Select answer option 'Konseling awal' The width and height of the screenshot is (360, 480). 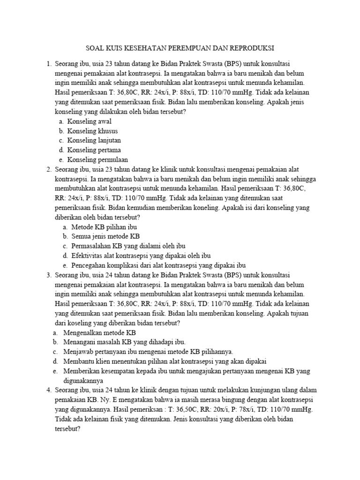(x=89, y=121)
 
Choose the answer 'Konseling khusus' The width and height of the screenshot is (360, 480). (x=92, y=131)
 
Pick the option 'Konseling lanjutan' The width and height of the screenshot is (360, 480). (x=94, y=140)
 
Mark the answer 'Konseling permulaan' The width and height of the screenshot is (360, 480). (x=97, y=159)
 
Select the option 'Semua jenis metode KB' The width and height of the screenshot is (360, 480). (x=105, y=236)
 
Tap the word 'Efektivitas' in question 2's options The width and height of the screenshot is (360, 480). (x=88, y=255)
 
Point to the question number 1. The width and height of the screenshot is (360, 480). (x=48, y=63)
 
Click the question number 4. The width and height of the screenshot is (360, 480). (x=48, y=390)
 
